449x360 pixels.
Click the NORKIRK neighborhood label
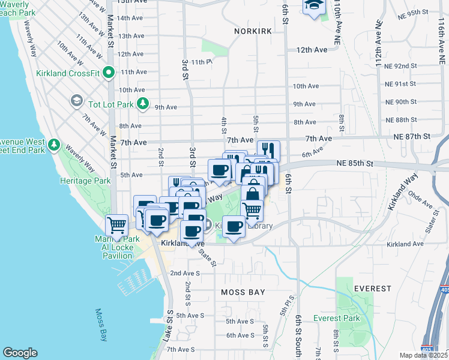253,31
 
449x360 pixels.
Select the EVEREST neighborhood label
372,289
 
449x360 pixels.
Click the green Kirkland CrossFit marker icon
108,73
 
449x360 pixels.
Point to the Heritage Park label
85,181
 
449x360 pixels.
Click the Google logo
20,353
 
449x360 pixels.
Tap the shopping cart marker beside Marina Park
116,225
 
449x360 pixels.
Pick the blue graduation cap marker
314,6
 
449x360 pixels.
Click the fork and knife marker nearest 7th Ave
268,149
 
